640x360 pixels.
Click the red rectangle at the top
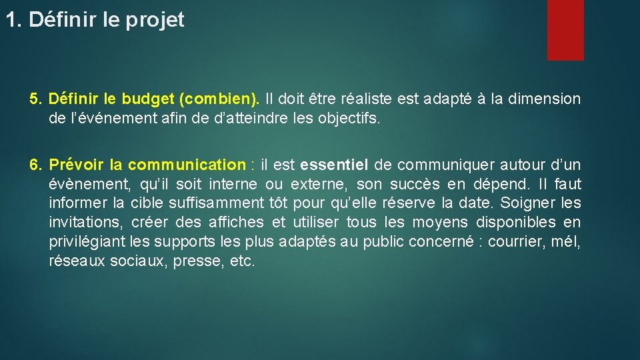point(565,30)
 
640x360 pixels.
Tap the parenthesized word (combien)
point(219,99)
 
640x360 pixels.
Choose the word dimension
point(544,99)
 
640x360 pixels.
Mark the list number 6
point(36,165)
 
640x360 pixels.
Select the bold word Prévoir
point(74,165)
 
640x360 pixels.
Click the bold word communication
point(187,165)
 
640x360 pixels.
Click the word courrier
point(515,242)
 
